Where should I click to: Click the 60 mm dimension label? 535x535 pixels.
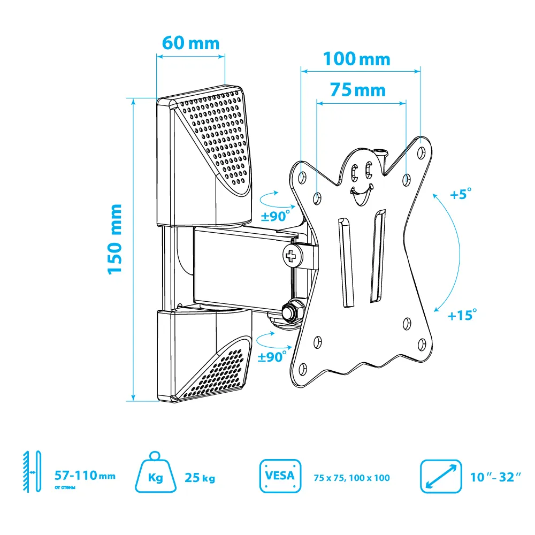(190, 43)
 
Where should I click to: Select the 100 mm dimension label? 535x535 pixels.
(356, 59)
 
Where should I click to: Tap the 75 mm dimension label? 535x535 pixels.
(357, 90)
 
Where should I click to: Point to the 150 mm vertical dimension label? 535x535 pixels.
(114, 239)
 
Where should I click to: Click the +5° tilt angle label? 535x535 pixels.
(461, 194)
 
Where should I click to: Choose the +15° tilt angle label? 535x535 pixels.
(462, 315)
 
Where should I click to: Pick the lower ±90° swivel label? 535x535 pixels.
(272, 356)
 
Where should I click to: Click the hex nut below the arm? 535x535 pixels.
(293, 311)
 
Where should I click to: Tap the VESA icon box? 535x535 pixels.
(280, 476)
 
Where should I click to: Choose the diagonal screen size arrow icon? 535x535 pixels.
(441, 476)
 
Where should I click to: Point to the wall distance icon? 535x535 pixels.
(32, 472)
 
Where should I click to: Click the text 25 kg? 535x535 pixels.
(200, 478)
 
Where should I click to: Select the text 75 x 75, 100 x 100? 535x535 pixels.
(352, 478)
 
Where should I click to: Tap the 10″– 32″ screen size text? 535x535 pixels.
(495, 477)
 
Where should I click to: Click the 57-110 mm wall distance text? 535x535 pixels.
(85, 475)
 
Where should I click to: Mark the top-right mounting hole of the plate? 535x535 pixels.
(422, 152)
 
